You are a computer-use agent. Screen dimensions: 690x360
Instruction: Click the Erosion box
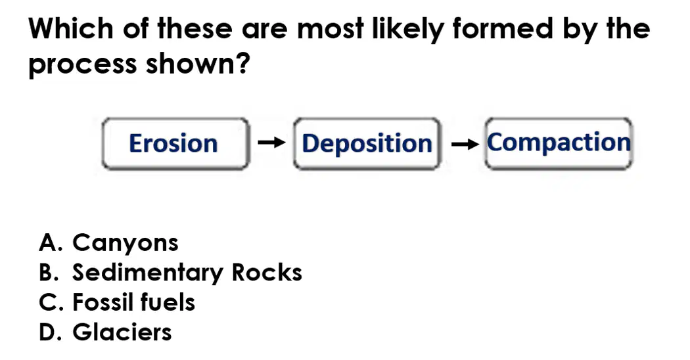click(x=176, y=143)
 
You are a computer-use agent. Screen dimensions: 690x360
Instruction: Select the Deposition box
click(x=367, y=143)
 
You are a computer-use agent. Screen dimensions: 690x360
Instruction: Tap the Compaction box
click(x=559, y=143)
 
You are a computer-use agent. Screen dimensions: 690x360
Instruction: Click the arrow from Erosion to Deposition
click(x=271, y=142)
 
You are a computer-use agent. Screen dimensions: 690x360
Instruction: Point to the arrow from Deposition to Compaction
click(x=465, y=143)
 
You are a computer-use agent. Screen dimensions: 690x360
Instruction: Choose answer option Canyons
click(x=126, y=243)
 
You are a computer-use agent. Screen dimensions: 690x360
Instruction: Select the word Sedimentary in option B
click(x=148, y=273)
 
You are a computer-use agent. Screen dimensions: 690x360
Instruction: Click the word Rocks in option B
click(x=267, y=273)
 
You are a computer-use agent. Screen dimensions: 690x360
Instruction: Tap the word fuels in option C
click(x=168, y=302)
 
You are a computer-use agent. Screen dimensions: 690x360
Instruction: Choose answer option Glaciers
click(x=122, y=332)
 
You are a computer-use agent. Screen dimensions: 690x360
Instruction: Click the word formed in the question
click(x=502, y=29)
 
